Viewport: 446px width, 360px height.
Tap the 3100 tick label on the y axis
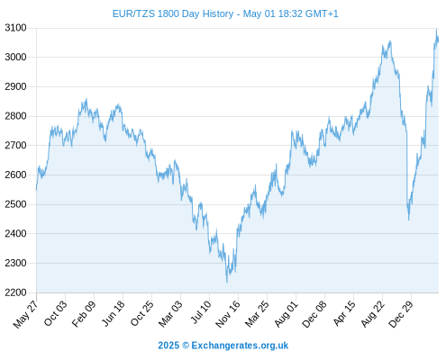click(15, 28)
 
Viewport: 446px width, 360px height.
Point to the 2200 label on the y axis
click(15, 292)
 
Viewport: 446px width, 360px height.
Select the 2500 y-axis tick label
click(15, 204)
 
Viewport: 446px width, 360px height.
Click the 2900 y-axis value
click(15, 86)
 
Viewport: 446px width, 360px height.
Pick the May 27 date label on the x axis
click(26, 313)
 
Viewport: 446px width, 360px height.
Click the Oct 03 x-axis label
click(55, 313)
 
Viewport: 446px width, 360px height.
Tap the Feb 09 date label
click(84, 313)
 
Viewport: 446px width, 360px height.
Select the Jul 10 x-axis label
click(201, 312)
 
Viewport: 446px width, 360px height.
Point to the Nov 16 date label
click(228, 313)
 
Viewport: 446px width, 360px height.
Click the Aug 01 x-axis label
click(287, 313)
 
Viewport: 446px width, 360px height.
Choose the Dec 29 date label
click(401, 313)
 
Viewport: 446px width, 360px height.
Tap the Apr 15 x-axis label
click(344, 313)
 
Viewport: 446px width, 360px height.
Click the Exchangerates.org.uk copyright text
click(240, 346)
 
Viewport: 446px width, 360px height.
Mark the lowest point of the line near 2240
click(227, 282)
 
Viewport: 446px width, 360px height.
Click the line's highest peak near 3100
click(437, 30)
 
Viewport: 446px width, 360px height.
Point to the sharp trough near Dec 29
click(409, 220)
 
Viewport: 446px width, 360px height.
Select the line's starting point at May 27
click(37, 190)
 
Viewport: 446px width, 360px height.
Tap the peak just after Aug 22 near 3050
click(390, 41)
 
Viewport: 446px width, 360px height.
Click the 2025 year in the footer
click(168, 346)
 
